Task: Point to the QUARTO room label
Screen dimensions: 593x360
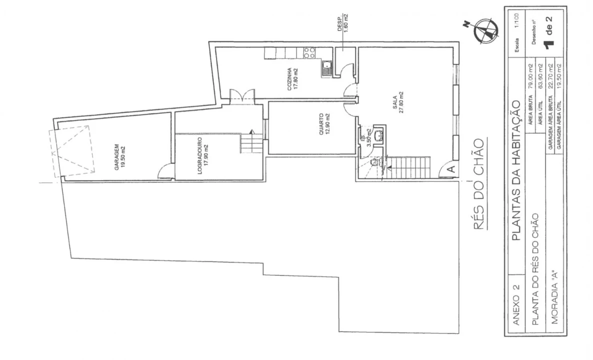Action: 323,124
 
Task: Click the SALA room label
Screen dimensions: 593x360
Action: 398,102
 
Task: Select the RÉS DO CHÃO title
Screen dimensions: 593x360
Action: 478,184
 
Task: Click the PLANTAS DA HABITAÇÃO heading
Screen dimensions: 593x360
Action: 516,170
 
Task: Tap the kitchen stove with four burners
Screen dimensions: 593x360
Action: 309,53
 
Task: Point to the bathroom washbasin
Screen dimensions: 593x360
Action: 378,135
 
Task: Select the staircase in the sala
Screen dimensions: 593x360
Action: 407,167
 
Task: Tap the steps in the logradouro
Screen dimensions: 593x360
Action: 251,143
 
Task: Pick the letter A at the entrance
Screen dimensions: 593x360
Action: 451,169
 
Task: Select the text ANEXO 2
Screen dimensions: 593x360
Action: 516,305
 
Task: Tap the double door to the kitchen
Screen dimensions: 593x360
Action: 242,94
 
